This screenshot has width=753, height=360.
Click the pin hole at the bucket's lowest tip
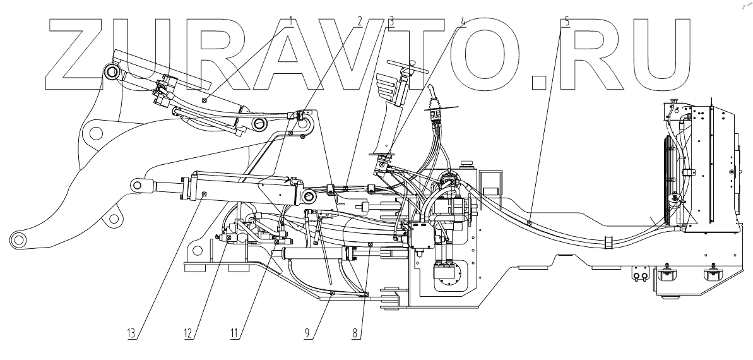click(17, 240)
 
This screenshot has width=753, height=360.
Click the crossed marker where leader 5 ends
click(529, 222)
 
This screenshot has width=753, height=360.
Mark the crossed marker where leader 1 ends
click(205, 99)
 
